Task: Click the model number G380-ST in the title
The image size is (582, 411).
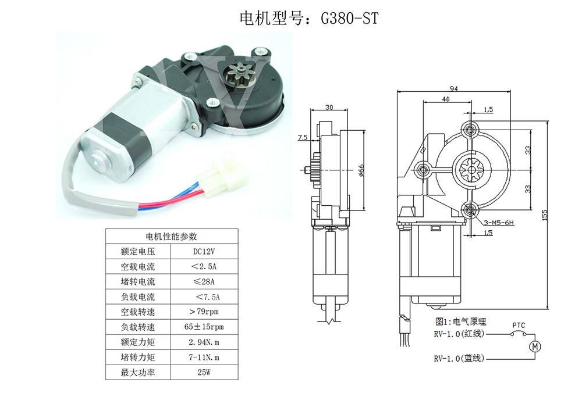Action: tap(349, 18)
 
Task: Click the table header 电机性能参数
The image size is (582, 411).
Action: tap(171, 236)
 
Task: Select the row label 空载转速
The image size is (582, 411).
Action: tap(137, 312)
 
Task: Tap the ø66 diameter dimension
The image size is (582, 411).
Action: tap(361, 170)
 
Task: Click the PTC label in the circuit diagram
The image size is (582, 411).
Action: tap(519, 325)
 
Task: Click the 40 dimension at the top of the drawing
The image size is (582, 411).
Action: tap(445, 100)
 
